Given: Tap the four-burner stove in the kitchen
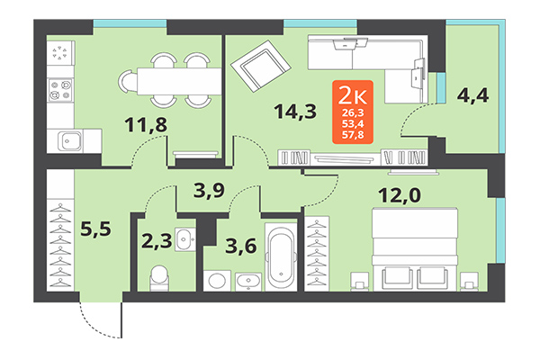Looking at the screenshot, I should [x=60, y=89].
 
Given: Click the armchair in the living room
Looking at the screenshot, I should [x=261, y=64].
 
